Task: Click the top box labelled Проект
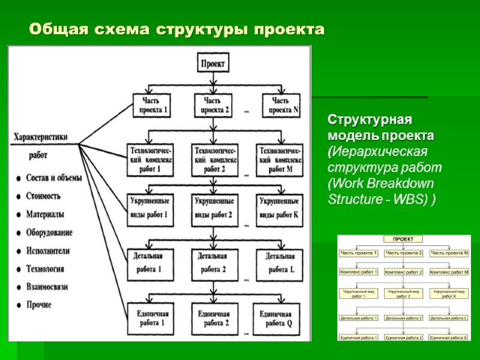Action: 214,63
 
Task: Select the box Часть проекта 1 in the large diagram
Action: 152,106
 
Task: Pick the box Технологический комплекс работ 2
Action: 214,160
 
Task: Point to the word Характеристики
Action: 41,137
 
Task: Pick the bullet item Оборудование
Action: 50,233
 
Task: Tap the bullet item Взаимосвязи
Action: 47,287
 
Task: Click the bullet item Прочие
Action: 39,305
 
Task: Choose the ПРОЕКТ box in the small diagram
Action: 403,239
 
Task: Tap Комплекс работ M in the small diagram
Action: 449,272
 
